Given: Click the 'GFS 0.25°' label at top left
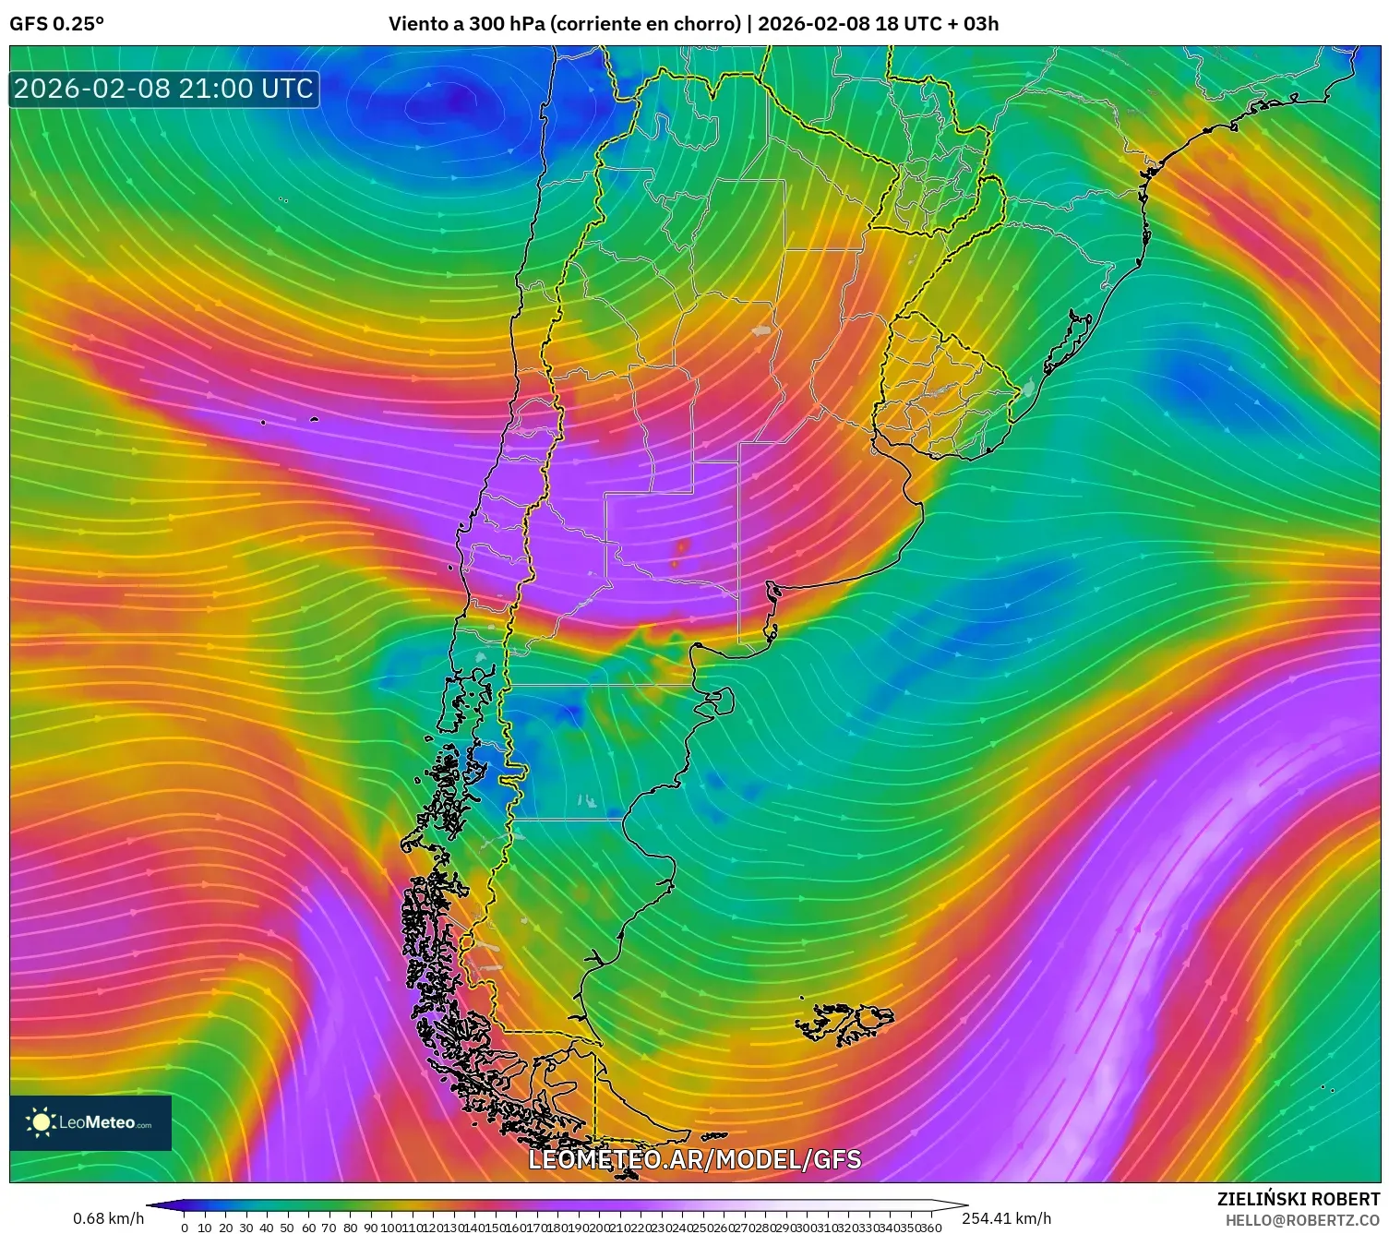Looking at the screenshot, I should tap(56, 24).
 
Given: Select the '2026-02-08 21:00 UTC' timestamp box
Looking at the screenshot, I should tap(163, 89).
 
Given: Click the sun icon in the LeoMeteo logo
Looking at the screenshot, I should tap(41, 1122).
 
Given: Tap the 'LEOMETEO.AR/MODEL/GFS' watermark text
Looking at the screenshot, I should tap(694, 1159).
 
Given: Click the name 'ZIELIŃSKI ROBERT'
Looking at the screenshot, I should tap(1298, 1200).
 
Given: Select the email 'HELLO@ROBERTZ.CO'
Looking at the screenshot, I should tap(1302, 1220).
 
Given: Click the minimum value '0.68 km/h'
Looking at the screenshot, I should tap(108, 1218).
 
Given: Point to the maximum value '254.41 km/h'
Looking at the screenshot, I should tap(1006, 1218).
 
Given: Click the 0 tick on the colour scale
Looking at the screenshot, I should tap(185, 1228).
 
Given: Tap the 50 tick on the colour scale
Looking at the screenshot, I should tap(287, 1228).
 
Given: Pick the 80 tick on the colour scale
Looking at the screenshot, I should tap(350, 1228).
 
